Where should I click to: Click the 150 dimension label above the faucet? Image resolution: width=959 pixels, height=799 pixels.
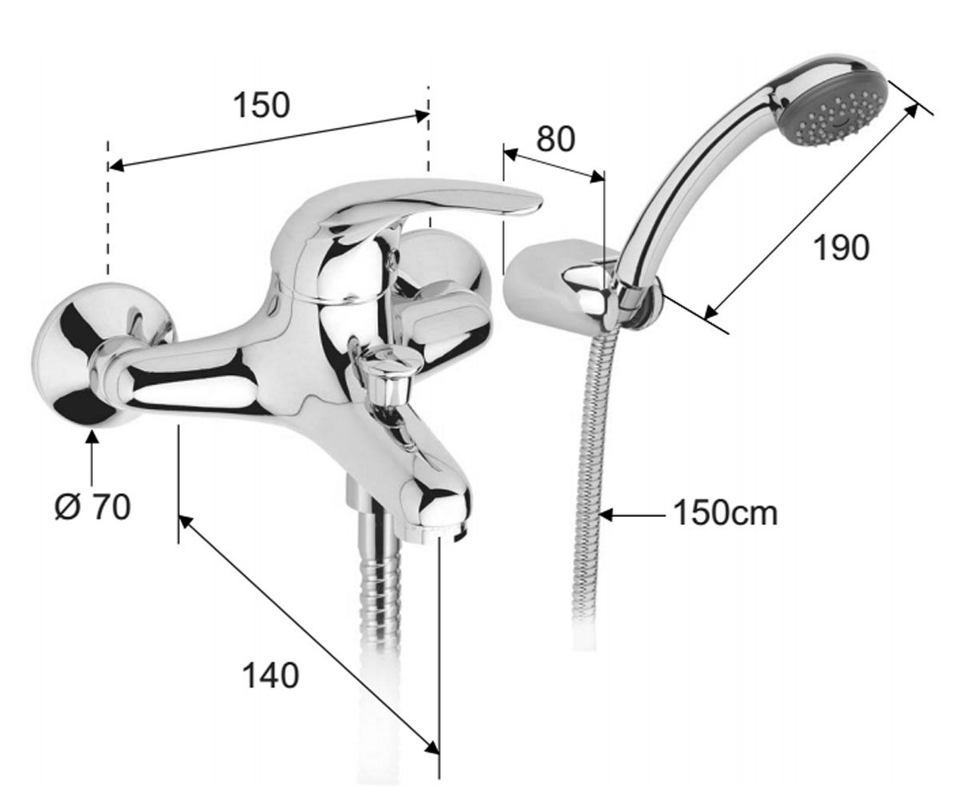point(262,105)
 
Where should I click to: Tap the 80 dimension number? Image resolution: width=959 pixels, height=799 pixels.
point(555,139)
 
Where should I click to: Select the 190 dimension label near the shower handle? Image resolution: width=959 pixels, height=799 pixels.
point(842,248)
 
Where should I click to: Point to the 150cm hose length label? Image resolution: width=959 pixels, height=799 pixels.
point(725,514)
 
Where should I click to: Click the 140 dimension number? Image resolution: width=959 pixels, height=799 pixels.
point(270,676)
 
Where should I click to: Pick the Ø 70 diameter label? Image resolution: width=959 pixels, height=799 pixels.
point(93,507)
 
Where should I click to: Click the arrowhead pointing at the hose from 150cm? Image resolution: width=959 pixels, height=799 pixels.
point(607,515)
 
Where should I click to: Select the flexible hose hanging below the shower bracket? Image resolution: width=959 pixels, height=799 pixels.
point(589,482)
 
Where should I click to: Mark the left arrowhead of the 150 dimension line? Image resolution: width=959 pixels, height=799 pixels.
point(116,165)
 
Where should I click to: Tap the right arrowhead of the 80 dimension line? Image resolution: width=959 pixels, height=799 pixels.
point(597,176)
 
